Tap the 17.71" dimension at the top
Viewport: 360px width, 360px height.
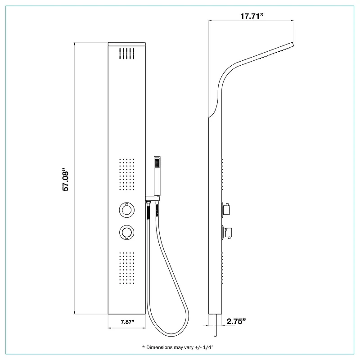point(252,16)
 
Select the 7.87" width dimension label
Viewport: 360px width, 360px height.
point(127,322)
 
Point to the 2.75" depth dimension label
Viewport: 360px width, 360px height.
point(236,321)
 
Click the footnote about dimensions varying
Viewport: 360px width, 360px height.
point(178,347)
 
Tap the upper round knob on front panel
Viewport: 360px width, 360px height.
point(127,209)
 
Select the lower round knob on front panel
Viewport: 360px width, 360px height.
point(127,232)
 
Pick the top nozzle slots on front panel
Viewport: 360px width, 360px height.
point(127,53)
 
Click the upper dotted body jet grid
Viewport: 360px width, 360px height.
point(127,174)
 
